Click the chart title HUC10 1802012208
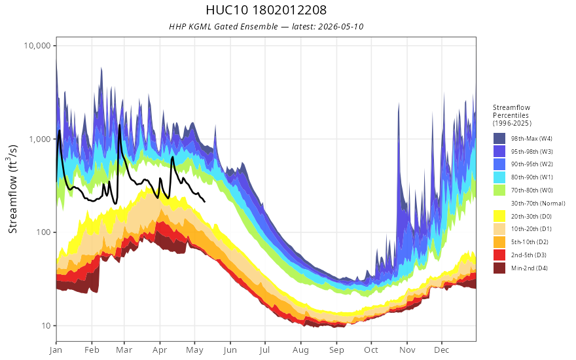coord(266,10)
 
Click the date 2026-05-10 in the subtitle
coord(340,26)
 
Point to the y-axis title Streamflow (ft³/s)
coord(13,189)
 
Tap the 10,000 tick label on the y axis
coord(37,46)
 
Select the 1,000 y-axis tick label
coord(40,139)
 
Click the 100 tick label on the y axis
coord(44,232)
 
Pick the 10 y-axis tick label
coord(46,325)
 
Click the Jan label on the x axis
coord(56,350)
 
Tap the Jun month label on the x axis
coord(230,350)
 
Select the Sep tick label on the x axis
coord(336,350)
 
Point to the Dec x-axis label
coord(442,350)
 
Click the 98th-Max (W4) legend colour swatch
coord(499,139)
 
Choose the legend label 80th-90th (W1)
coord(531,177)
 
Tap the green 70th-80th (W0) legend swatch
coord(499,190)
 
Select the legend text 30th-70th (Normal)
coord(538,203)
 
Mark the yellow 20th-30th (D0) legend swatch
coord(499,216)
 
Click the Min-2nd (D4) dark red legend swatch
coord(499,268)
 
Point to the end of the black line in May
coord(205,202)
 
